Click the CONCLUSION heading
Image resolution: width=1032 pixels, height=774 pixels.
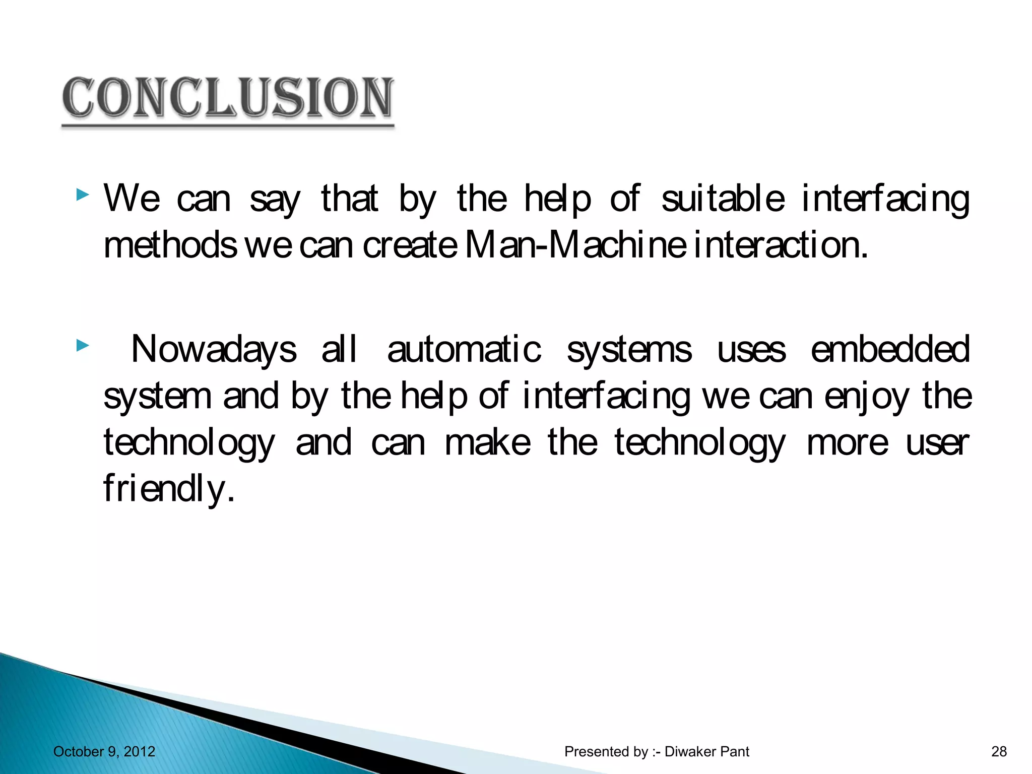pos(228,98)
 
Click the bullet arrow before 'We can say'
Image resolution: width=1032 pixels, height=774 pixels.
pos(83,195)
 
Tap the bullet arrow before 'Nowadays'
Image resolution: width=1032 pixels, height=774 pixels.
pos(83,346)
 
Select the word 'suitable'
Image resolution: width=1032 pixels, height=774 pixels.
pos(723,199)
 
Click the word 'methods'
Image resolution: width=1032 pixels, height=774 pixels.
pos(170,245)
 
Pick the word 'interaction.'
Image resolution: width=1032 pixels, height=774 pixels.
pos(781,245)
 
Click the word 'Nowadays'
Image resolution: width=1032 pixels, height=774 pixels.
pos(214,350)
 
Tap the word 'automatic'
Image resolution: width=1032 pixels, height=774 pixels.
pos(464,350)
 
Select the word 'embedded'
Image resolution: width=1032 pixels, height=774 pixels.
pos(890,350)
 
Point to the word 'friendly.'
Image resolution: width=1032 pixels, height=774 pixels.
pos(169,489)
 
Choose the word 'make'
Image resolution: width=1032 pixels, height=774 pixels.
pos(488,443)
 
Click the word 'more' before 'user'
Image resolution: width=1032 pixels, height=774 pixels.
pos(848,443)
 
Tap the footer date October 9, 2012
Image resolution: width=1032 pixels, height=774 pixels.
pos(104,752)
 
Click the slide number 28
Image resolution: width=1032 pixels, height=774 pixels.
pos(999,752)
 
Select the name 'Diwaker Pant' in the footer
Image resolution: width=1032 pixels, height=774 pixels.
pos(707,752)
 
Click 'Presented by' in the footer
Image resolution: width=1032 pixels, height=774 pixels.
pos(606,752)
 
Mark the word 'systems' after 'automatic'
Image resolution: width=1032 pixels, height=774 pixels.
pos(629,350)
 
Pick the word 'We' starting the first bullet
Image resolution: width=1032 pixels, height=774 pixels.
pos(132,199)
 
